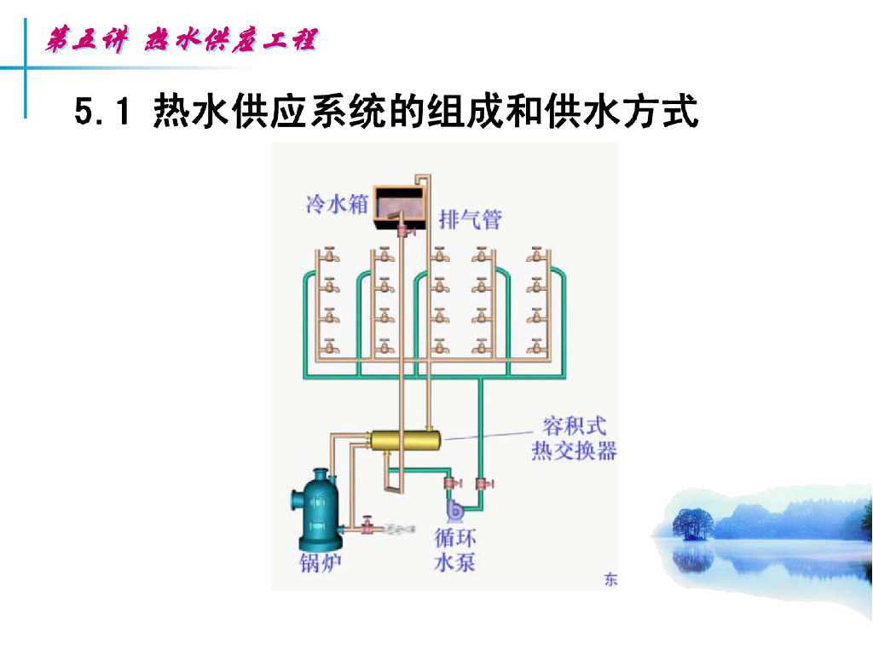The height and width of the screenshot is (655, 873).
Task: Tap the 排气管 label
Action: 470,220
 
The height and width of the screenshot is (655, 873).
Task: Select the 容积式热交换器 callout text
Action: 574,438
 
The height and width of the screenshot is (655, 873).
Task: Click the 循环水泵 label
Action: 455,550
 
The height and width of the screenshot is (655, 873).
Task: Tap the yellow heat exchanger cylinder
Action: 405,440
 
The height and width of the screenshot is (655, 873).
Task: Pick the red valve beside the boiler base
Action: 367,526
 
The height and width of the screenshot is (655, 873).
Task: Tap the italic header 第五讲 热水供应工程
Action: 182,40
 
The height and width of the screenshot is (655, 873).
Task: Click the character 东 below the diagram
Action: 610,581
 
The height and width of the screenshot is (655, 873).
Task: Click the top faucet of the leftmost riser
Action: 329,256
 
